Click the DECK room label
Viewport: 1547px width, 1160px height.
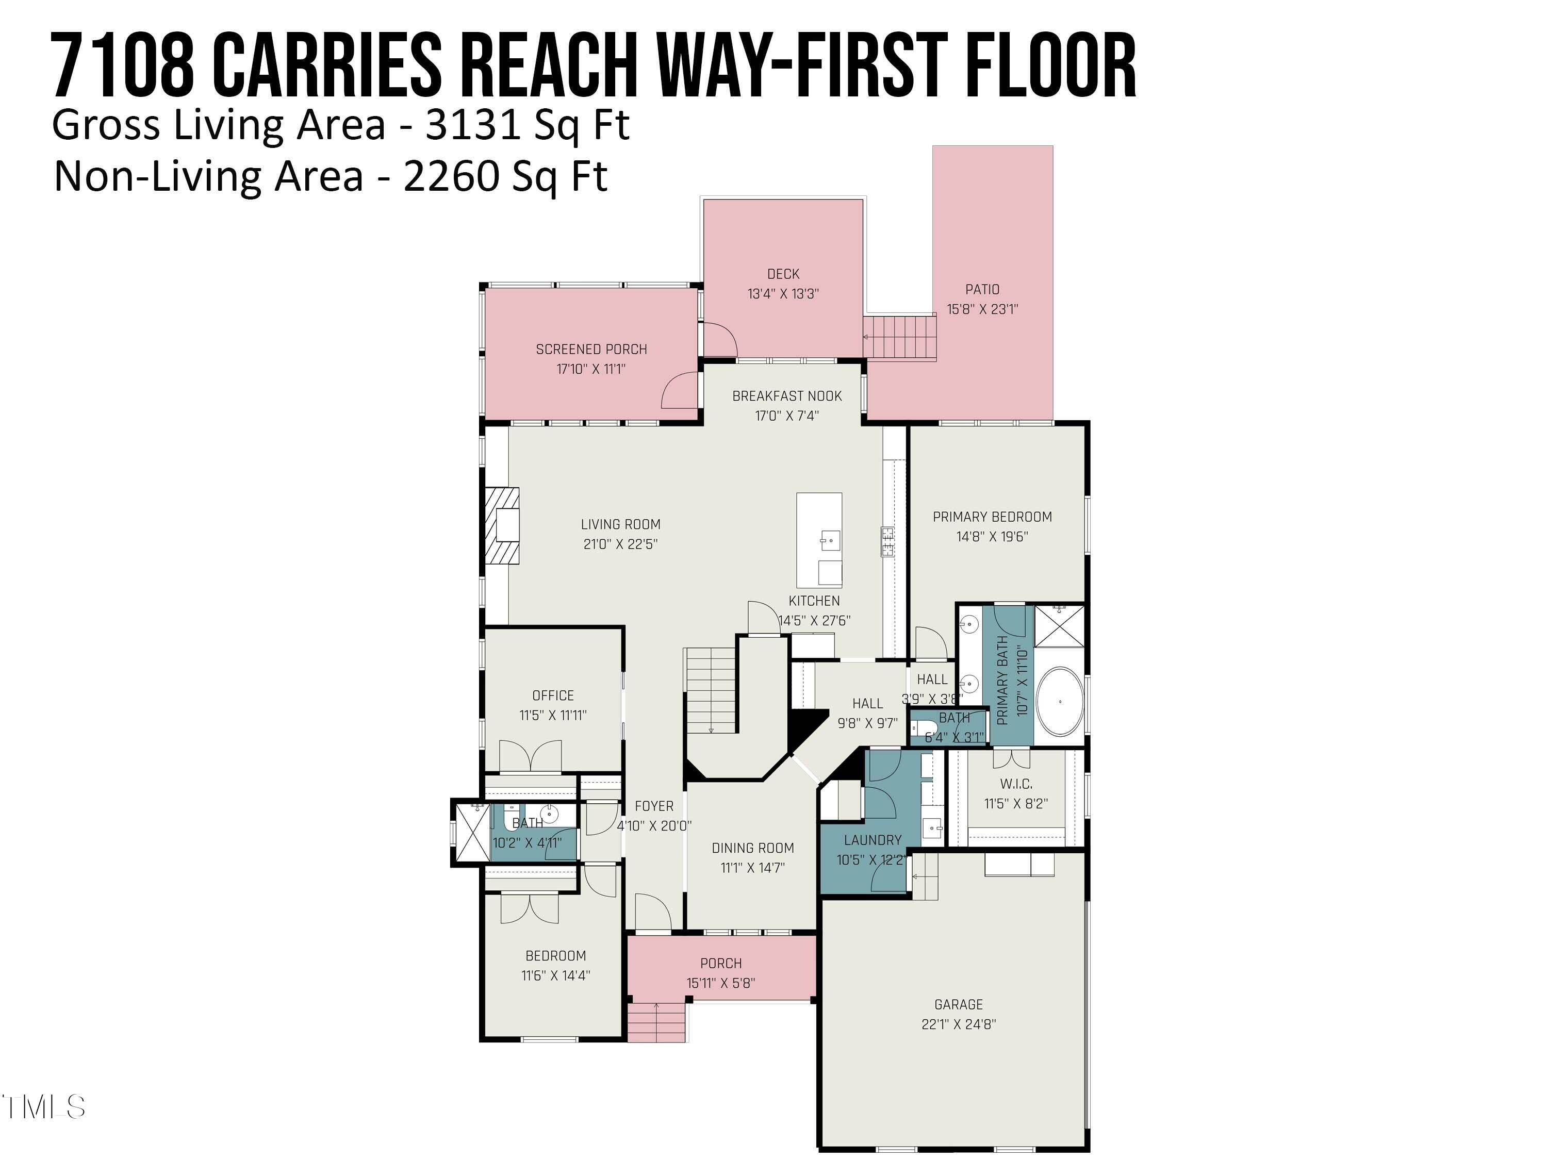pyautogui.click(x=783, y=274)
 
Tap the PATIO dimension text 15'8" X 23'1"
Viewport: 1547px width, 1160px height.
pyautogui.click(x=983, y=309)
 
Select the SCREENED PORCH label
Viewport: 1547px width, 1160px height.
pyautogui.click(x=591, y=350)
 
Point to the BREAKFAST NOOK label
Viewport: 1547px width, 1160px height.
pyautogui.click(x=787, y=396)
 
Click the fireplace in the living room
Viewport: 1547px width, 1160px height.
pyautogui.click(x=503, y=525)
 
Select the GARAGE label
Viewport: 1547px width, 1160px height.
pyautogui.click(x=958, y=1005)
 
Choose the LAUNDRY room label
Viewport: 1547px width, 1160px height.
pyautogui.click(x=872, y=840)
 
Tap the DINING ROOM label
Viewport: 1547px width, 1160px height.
pyautogui.click(x=752, y=848)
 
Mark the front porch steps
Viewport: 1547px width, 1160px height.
pyautogui.click(x=656, y=1022)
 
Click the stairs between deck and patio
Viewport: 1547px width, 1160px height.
pyautogui.click(x=899, y=338)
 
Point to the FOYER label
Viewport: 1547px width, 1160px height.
pyautogui.click(x=654, y=806)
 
